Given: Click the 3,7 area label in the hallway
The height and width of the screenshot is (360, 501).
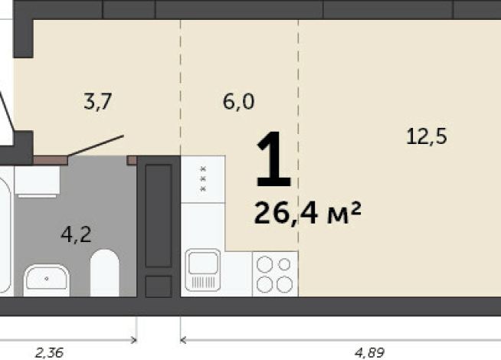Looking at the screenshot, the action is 97,101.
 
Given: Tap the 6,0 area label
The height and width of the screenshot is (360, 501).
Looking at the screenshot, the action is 238,102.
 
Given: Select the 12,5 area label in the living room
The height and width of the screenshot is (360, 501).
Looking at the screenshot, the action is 426,136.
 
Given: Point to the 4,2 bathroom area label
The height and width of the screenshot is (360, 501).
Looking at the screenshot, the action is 76,234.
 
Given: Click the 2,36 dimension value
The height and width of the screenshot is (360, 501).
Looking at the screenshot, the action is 49,353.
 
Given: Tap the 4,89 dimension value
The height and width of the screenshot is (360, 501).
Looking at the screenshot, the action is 369,353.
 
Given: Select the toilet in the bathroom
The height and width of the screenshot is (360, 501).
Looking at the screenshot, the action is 105,273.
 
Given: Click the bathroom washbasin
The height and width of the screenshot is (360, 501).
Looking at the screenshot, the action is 47,280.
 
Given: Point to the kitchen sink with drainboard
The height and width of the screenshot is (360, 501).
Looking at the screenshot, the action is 202,270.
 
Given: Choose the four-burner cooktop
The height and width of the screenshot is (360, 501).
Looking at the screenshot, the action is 275,273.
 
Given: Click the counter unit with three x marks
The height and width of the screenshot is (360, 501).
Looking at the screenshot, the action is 203,179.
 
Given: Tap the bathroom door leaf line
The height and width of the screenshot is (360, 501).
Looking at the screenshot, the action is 96,146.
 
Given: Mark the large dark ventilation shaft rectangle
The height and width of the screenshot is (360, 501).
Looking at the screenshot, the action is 159,216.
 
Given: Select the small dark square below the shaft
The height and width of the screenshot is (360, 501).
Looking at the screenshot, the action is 159,286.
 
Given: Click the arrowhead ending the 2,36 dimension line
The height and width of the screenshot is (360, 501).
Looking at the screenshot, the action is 135,340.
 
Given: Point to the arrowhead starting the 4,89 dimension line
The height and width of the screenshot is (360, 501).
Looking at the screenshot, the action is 183,340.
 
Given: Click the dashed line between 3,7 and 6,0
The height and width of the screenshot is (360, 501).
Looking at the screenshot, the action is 181,88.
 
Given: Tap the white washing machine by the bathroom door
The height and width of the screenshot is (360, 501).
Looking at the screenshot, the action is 37,182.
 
